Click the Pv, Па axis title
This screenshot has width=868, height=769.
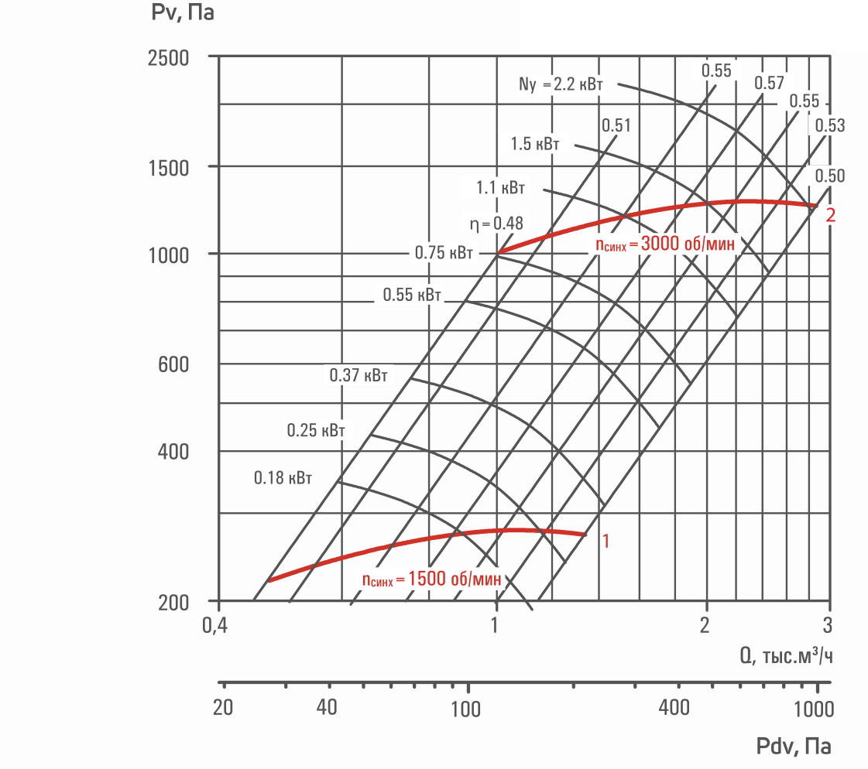tap(182, 12)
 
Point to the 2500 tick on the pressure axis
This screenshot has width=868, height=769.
tap(168, 58)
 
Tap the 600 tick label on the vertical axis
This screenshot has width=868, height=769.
tap(173, 364)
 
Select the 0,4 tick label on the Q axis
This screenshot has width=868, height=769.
tap(214, 625)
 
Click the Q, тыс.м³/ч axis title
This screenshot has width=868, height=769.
tap(786, 655)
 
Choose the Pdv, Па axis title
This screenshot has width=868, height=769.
tap(793, 747)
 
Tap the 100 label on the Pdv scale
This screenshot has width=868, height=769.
tap(465, 709)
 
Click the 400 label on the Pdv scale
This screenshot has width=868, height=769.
tap(674, 708)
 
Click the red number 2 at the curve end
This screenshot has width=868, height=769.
tap(830, 215)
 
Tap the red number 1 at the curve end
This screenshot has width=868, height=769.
tap(606, 541)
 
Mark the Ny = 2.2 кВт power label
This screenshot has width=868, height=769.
tap(561, 84)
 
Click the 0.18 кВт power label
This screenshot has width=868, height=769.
tap(283, 478)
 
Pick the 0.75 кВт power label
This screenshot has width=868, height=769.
tap(444, 253)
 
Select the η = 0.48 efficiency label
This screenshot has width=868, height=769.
tap(496, 224)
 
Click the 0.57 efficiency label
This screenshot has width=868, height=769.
tap(769, 83)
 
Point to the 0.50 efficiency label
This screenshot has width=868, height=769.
tap(830, 176)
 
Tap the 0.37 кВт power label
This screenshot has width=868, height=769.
tap(359, 376)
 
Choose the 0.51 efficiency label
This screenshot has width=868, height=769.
tap(616, 125)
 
